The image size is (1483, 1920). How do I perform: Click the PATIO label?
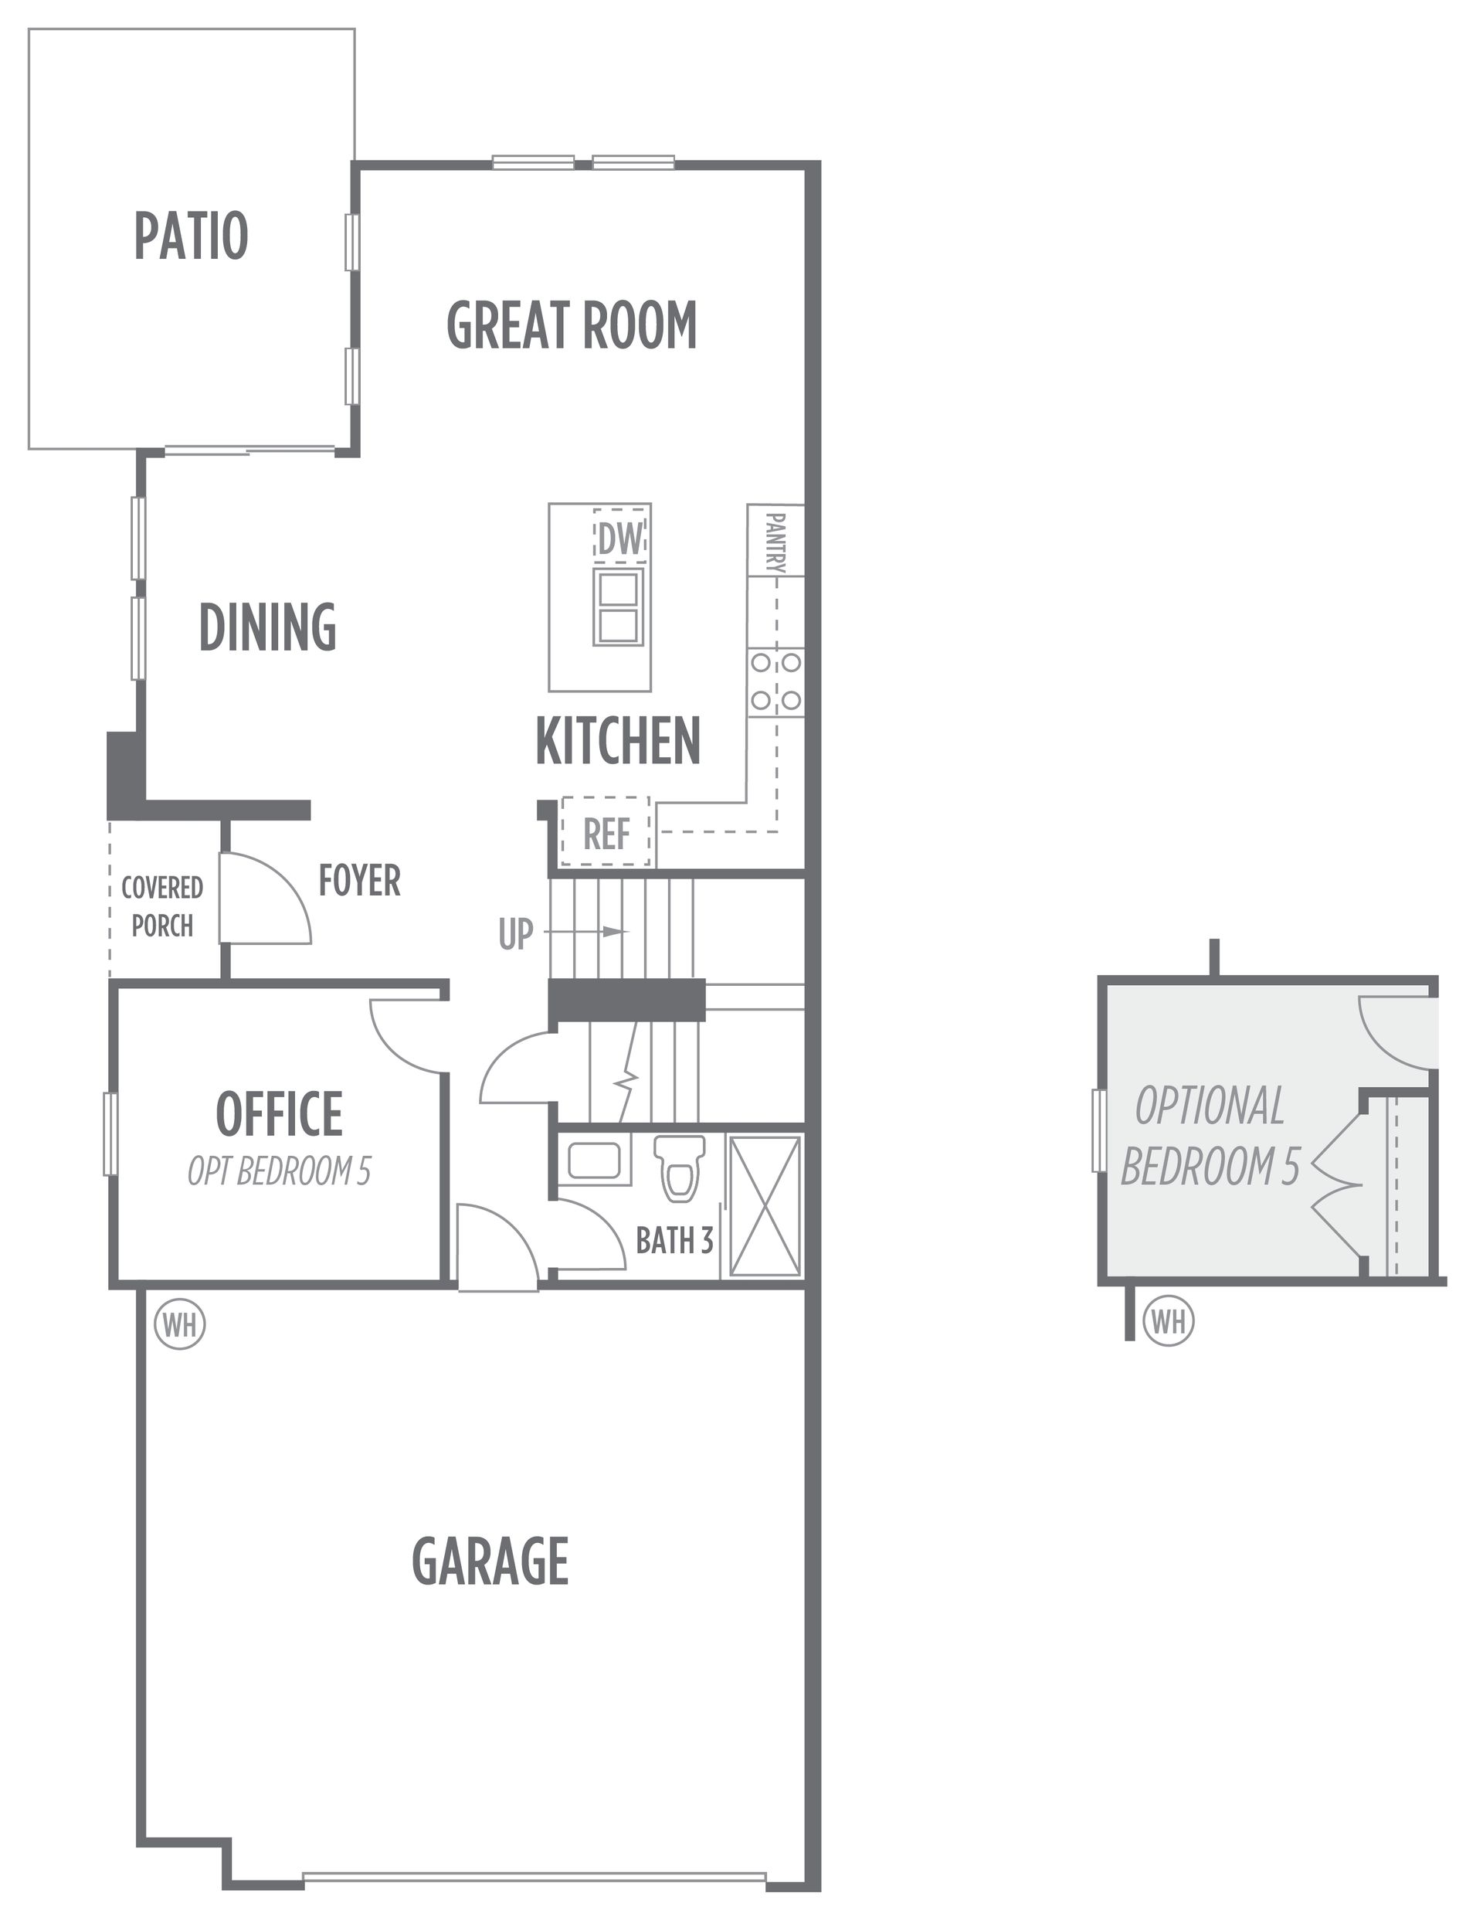191,236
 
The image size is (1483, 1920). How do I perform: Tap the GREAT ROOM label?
572,325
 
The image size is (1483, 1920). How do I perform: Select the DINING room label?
268,627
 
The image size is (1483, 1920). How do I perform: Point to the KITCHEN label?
618,741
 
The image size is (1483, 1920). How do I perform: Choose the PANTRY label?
775,542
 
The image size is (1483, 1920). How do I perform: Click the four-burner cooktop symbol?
775,681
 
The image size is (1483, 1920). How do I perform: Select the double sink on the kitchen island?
618,607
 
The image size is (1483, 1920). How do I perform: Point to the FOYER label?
359,880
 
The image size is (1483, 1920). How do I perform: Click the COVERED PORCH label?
161,906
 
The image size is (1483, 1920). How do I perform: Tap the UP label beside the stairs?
515,935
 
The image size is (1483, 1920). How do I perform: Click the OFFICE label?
280,1114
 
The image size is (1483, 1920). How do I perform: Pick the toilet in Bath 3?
680,1168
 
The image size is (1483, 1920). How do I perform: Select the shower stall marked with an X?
765,1205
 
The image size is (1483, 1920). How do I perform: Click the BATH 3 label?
674,1240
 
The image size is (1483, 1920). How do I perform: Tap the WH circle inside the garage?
180,1324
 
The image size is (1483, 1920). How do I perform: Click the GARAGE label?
490,1561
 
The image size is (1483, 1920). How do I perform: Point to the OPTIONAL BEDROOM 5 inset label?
1210,1136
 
